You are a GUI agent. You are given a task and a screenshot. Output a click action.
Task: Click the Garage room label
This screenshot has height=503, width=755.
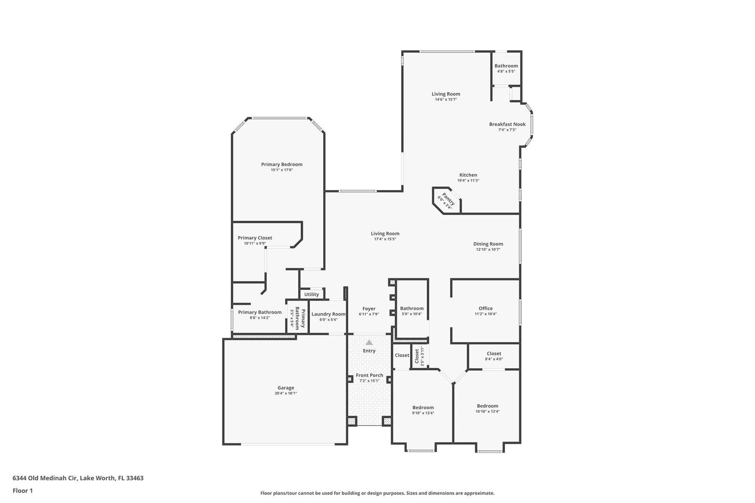(x=285, y=388)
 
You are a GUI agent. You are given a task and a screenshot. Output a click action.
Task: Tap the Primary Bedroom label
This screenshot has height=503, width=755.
(x=282, y=164)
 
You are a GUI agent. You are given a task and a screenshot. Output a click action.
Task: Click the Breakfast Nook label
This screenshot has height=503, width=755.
(x=507, y=124)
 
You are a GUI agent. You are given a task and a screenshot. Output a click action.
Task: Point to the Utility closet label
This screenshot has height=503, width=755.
(x=312, y=294)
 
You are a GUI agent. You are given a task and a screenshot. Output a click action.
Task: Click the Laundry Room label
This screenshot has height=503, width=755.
(x=328, y=314)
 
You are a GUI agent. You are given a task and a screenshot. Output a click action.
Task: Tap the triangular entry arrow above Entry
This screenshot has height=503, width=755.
(x=369, y=343)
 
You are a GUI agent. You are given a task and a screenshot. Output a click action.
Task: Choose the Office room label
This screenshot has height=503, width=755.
(x=486, y=308)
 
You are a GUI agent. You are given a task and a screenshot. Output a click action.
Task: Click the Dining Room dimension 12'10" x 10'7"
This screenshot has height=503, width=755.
(x=488, y=249)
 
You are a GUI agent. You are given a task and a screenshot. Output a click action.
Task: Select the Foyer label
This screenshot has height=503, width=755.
(x=369, y=309)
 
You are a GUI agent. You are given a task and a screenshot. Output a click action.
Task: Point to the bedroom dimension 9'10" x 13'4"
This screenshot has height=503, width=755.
(x=423, y=413)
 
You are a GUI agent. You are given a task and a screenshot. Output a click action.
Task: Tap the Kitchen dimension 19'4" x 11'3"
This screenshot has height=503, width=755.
(x=468, y=181)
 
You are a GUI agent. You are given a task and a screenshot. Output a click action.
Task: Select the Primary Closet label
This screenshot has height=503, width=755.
(x=255, y=238)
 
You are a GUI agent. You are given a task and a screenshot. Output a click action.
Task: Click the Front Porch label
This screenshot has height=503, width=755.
(x=369, y=375)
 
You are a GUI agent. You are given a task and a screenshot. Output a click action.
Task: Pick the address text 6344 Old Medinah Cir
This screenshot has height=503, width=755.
(x=45, y=478)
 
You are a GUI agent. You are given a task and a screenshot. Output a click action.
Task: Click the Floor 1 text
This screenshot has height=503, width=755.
(x=22, y=491)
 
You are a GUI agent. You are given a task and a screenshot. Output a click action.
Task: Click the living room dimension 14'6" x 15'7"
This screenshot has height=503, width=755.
(x=446, y=99)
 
